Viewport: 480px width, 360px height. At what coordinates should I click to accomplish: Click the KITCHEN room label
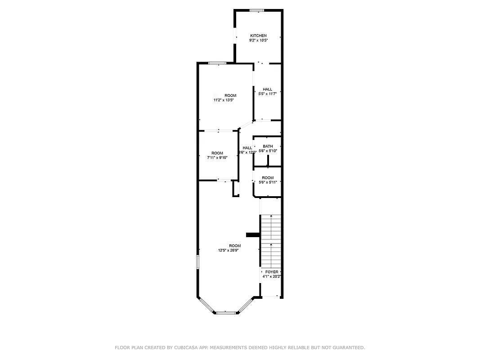(x=258, y=36)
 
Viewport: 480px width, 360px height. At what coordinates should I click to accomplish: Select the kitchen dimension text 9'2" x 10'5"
(x=258, y=40)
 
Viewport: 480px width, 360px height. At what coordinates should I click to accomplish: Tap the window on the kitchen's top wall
(x=257, y=10)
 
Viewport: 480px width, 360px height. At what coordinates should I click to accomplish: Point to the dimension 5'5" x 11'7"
(x=267, y=94)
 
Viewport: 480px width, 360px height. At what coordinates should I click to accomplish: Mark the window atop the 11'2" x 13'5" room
(x=217, y=63)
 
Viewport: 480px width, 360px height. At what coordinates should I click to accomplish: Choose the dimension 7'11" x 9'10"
(x=217, y=158)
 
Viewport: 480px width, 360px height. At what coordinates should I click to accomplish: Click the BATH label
(x=268, y=146)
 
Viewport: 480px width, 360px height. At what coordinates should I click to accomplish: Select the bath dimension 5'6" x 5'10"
(x=268, y=151)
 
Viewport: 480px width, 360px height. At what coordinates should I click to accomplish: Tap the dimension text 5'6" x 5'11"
(x=268, y=182)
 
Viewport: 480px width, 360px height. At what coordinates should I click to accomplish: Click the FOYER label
(x=272, y=272)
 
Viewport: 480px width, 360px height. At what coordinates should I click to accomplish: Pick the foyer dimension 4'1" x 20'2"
(x=272, y=277)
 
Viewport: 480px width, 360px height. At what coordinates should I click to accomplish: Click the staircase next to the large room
(x=271, y=241)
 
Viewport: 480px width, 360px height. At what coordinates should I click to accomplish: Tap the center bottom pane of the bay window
(x=226, y=312)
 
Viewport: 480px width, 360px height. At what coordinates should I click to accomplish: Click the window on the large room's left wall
(x=197, y=262)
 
